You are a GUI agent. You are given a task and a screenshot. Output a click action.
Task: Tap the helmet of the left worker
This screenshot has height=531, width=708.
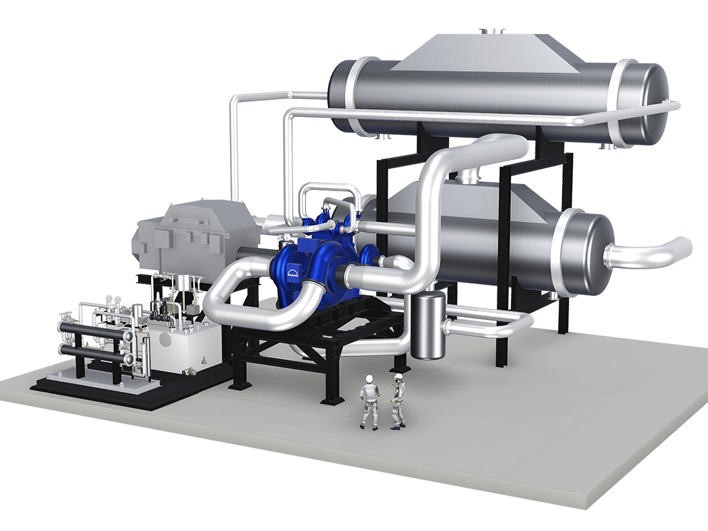(x=369, y=378)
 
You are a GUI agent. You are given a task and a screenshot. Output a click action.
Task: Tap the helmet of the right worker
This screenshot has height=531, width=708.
(x=398, y=377)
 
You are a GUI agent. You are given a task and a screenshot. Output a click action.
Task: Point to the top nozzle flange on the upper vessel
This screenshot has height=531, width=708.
(x=492, y=31)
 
